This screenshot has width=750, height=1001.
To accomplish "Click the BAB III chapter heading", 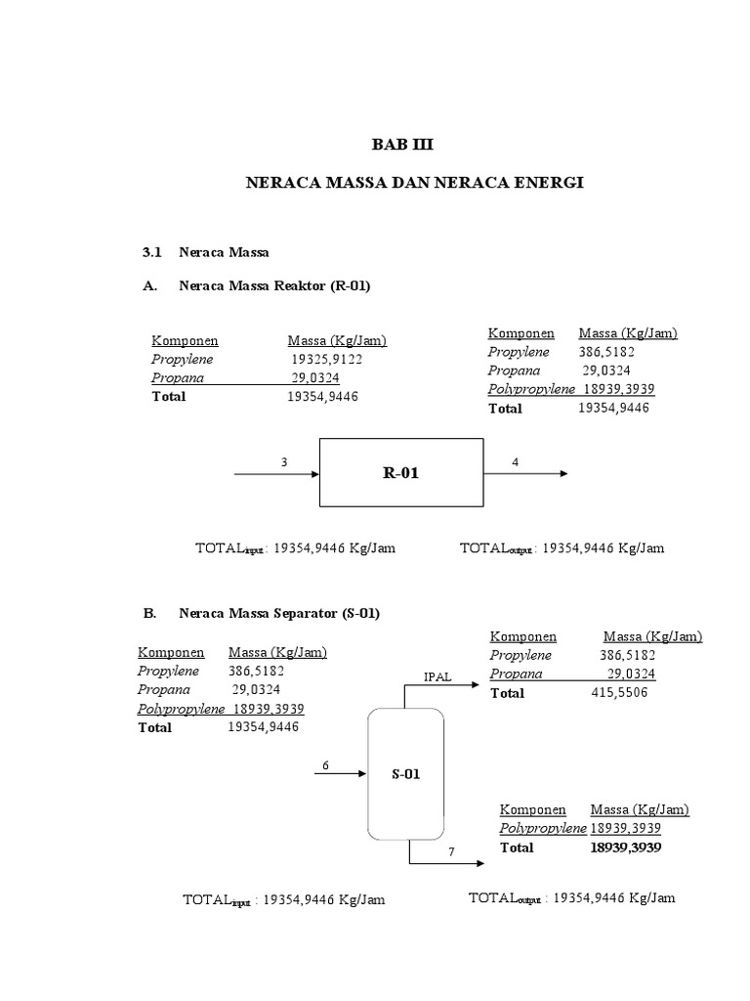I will (x=400, y=145).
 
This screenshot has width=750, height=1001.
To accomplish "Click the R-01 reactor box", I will (x=401, y=473).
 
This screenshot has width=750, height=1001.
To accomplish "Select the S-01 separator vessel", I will (x=405, y=774).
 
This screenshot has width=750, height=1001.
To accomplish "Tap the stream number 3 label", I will (x=284, y=461).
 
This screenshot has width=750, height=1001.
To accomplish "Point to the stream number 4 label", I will (x=515, y=461).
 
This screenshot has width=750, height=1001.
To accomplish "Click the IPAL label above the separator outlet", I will (x=437, y=676).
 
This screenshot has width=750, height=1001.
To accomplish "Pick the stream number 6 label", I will (x=324, y=764).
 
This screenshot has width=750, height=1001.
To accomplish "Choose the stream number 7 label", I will (x=452, y=852).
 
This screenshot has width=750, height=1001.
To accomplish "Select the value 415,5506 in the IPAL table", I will (x=620, y=692).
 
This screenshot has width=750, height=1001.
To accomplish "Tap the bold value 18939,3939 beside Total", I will (x=625, y=848).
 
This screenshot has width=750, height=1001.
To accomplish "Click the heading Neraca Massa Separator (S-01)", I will (x=279, y=614).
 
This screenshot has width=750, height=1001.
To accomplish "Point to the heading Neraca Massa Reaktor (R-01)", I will (x=275, y=285).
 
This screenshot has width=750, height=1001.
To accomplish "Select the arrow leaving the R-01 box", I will (x=524, y=474).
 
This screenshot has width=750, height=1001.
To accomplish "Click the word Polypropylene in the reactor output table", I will (x=532, y=389).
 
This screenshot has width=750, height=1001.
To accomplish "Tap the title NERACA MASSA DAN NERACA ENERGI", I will (x=401, y=183).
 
